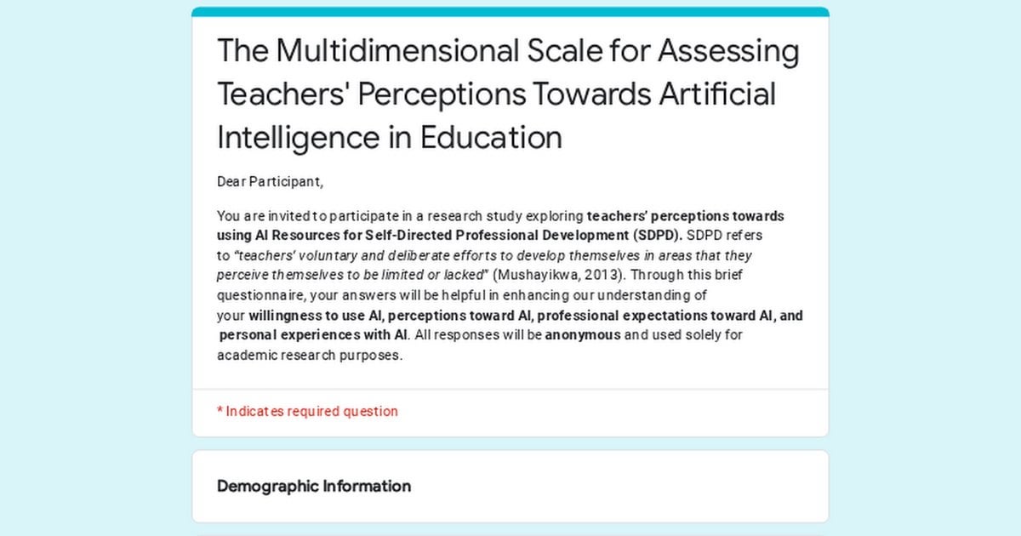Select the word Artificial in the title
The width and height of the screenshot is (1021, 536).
point(717,94)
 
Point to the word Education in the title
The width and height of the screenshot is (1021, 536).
point(491,137)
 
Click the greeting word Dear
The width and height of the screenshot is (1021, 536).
point(231,181)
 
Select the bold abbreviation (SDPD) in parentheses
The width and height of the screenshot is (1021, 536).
point(657,235)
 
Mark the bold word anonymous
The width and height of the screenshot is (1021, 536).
point(583,335)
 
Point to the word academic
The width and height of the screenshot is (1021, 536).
point(247,355)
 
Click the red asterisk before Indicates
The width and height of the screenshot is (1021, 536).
point(220,410)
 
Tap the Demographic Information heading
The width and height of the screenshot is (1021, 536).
point(314,487)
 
